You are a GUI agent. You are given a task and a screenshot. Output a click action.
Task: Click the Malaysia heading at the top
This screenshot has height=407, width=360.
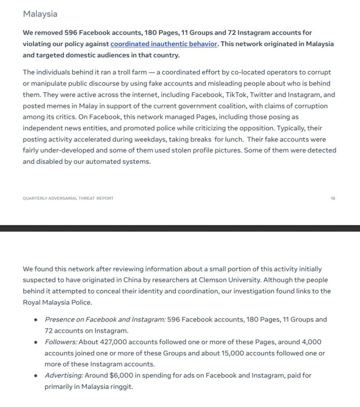click(40, 14)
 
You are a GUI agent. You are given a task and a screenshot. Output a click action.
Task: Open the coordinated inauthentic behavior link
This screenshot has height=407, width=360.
click(164, 44)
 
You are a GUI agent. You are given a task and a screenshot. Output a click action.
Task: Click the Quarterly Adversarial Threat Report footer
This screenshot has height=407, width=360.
click(68, 198)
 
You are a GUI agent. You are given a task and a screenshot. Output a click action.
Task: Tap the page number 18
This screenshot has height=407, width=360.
click(333, 198)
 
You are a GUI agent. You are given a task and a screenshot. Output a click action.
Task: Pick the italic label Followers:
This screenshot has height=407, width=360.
click(61, 342)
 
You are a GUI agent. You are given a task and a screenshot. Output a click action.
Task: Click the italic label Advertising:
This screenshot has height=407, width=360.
click(63, 375)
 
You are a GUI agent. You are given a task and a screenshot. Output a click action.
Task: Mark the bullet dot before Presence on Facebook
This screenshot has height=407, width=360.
click(36, 320)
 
